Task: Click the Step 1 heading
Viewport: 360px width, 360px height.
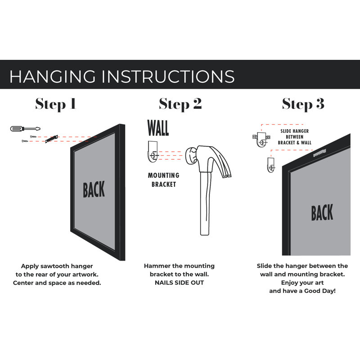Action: [55, 104]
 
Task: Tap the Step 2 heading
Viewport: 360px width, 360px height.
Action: [180, 104]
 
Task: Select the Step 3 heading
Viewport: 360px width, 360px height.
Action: [303, 104]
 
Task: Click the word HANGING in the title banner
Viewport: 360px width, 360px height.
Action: [52, 76]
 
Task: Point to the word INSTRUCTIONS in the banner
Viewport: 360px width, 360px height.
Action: [168, 76]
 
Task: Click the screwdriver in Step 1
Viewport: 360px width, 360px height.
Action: [25, 129]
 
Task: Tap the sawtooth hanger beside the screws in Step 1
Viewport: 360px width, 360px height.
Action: [51, 139]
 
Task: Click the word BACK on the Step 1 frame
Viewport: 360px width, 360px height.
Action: [94, 189]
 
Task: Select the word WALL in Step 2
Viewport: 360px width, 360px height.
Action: [158, 128]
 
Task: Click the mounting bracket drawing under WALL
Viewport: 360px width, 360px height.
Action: [153, 152]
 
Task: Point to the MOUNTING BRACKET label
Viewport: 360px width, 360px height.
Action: [164, 180]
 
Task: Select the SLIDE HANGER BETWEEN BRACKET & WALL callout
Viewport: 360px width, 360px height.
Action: [295, 137]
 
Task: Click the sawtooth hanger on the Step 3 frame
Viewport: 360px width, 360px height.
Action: [319, 153]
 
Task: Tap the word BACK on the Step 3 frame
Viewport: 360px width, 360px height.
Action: [322, 212]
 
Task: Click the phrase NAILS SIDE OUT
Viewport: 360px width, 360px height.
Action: [179, 283]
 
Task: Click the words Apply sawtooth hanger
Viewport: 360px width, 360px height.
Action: [57, 266]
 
